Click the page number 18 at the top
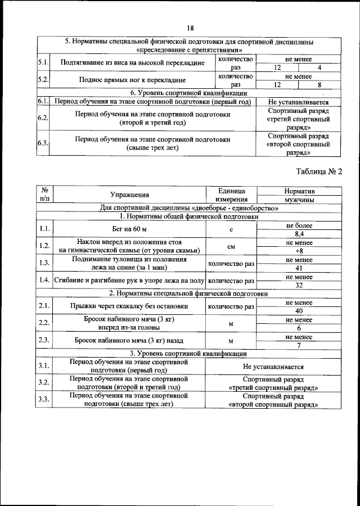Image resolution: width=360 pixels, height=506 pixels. click(x=190, y=28)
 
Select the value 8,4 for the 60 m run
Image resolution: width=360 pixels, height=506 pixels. click(x=299, y=234)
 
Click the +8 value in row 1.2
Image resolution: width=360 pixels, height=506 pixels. click(x=299, y=251)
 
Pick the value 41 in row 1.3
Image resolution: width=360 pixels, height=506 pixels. click(x=299, y=268)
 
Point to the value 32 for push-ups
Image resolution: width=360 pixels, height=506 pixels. click(x=299, y=285)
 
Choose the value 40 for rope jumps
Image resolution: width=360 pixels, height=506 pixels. click(x=299, y=311)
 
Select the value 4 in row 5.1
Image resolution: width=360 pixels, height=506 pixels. click(x=319, y=67)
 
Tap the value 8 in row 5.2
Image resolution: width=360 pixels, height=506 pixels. click(x=319, y=85)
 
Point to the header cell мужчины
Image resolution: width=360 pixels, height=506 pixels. click(x=299, y=200)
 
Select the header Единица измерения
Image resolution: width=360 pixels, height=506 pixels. click(x=231, y=195)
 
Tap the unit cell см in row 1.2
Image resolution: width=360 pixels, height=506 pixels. click(x=231, y=247)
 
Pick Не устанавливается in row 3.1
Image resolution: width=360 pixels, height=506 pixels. click(x=273, y=365)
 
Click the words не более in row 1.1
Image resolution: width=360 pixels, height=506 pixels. click(x=299, y=225)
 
